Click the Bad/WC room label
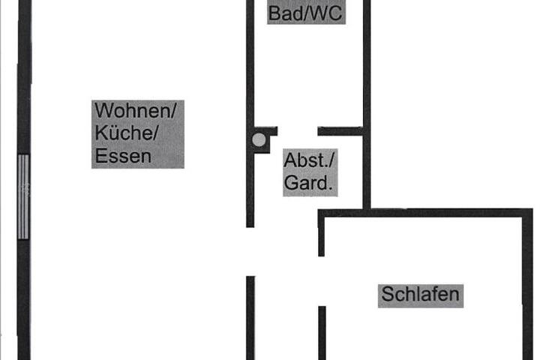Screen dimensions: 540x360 point(305,13)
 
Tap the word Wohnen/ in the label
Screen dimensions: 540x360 point(135,110)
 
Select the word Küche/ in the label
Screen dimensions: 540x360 point(127,132)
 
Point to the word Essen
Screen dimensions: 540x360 point(123,156)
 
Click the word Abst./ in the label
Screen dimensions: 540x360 point(309,160)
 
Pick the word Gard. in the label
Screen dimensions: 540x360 point(308,182)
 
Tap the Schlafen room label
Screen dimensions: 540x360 point(421,295)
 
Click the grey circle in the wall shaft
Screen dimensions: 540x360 point(259,139)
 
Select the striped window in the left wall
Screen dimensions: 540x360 point(23,196)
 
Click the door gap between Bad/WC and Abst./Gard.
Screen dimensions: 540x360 point(298,131)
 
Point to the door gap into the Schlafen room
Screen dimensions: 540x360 point(322,281)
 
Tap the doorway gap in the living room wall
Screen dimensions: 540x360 point(250,251)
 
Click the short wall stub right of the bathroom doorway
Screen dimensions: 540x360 point(340,131)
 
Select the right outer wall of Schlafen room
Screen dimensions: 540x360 point(527,284)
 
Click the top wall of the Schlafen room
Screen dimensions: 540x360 point(425,213)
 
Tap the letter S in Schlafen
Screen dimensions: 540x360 point(388,295)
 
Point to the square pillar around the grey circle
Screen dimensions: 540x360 point(262,139)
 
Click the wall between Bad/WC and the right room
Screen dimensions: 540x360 point(367,104)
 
